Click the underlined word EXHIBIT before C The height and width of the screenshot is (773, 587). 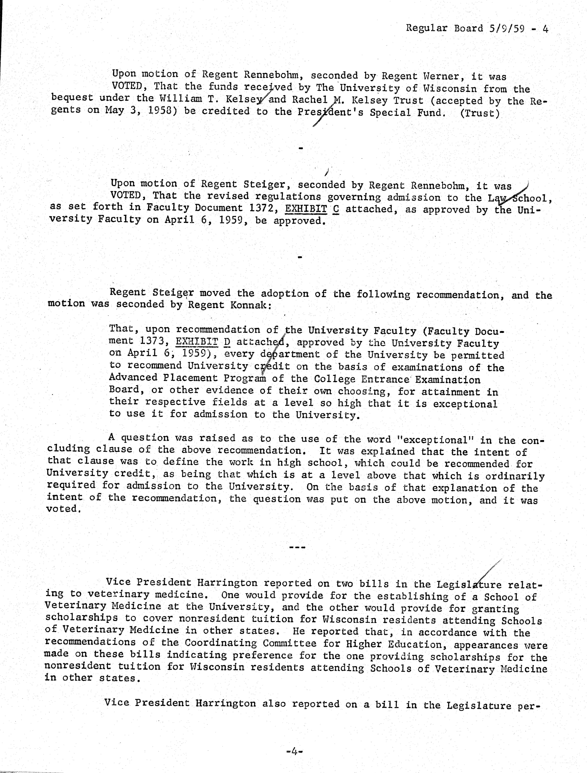(306, 209)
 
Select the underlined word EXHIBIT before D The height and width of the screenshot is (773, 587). (197, 341)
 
